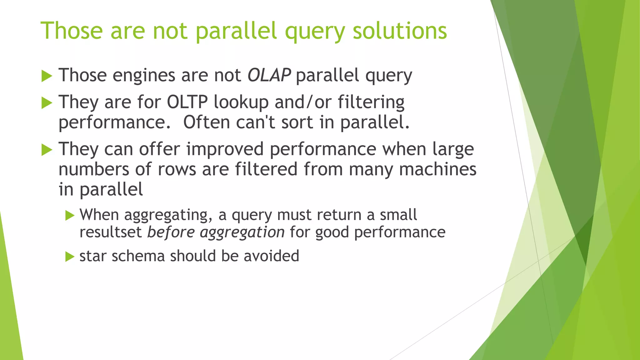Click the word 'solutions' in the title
tap(400, 31)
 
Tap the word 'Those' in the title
tap(72, 31)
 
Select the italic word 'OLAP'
tap(269, 75)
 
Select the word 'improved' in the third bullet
tap(225, 149)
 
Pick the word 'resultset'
tap(111, 232)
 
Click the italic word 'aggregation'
tap(242, 232)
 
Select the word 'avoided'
tap(271, 256)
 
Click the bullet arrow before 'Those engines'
tap(47, 76)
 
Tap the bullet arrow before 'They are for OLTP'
tap(47, 103)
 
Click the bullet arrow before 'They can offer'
tap(47, 150)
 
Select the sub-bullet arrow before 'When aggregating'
tap(70, 215)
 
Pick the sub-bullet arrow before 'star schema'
tap(70, 257)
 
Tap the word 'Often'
tap(206, 122)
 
